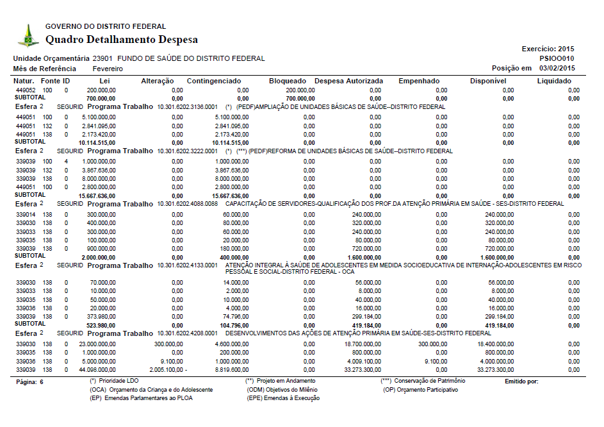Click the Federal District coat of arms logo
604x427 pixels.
coord(28,35)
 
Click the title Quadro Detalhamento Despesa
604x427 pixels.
coord(122,40)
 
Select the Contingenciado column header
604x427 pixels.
coord(214,81)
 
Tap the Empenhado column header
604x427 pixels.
coord(419,81)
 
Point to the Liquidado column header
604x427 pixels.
coord(554,81)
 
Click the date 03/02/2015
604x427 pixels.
coord(557,68)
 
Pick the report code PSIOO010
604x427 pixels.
coord(557,58)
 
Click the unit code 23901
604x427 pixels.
coord(102,58)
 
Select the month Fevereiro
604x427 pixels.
coord(109,68)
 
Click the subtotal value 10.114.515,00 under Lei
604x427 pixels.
coord(97,142)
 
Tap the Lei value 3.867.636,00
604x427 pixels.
coord(98,170)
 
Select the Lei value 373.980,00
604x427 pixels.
coord(101,316)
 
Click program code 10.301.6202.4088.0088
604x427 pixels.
coord(188,204)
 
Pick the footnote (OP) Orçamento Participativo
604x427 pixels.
coord(421,390)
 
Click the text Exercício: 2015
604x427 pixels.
coord(548,49)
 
